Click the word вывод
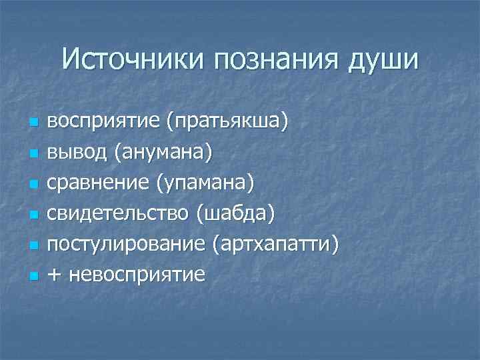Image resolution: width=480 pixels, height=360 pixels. [77, 153]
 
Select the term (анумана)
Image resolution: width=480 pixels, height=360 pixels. [163, 153]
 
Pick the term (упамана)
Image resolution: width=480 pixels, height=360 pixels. [205, 183]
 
